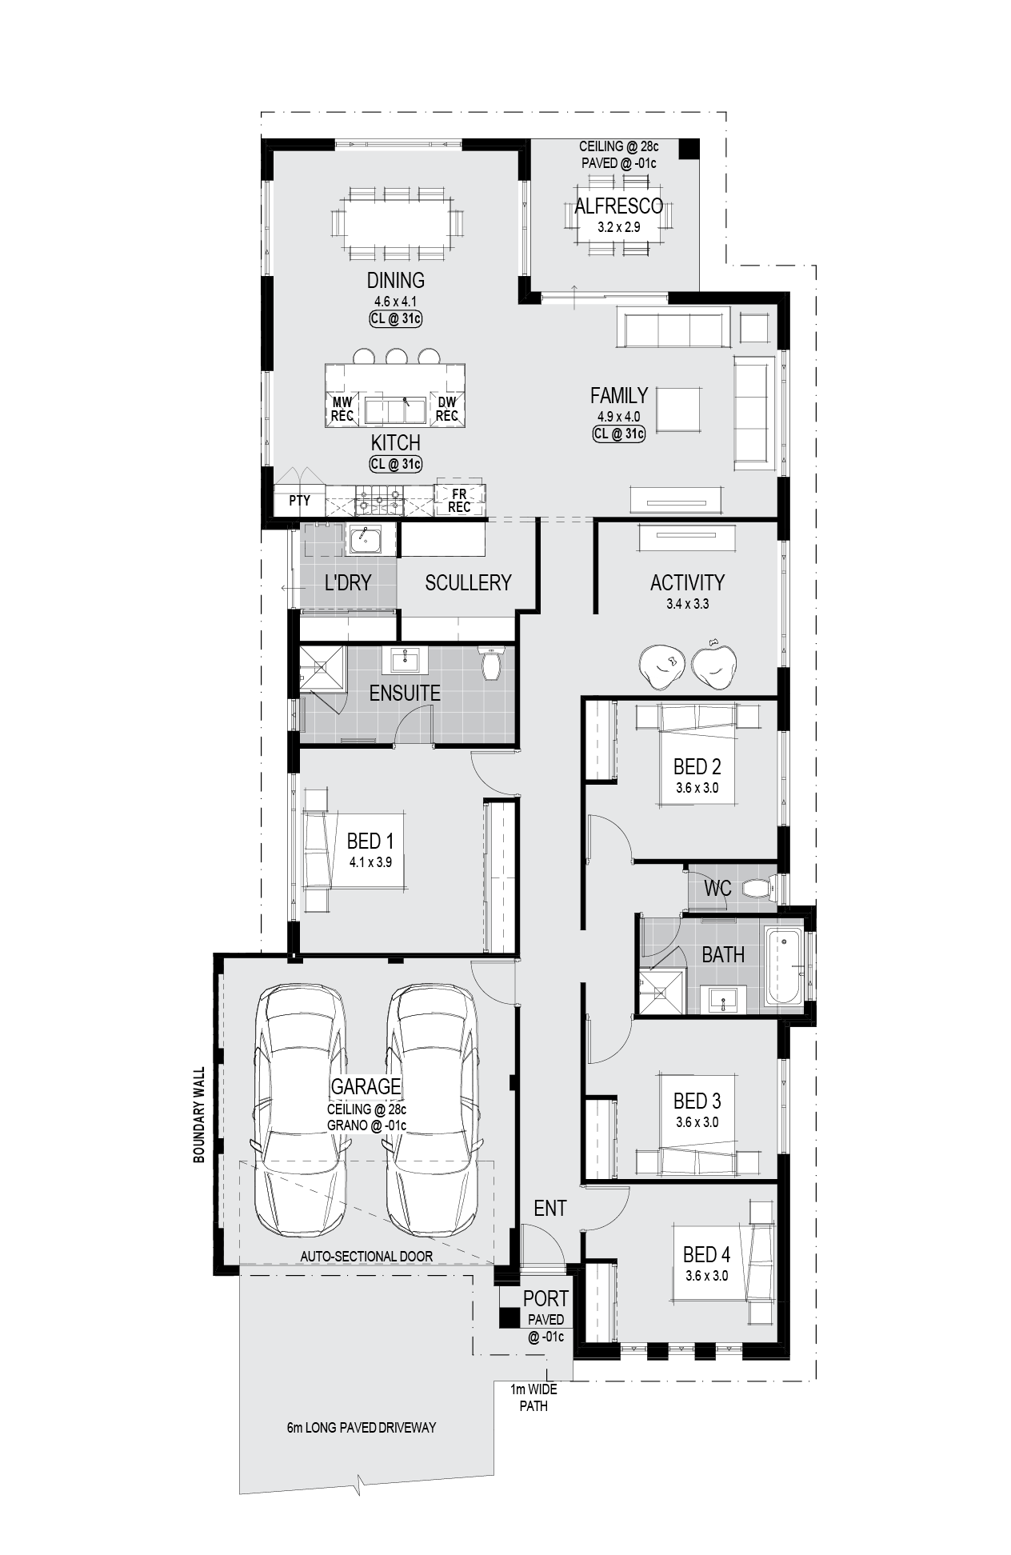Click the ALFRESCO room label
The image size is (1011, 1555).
[x=618, y=206]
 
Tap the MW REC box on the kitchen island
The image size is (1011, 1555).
[x=342, y=410]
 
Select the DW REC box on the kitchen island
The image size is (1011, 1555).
[x=446, y=410]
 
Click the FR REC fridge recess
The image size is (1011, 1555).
[x=459, y=501]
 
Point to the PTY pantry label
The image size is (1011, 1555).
[x=299, y=501]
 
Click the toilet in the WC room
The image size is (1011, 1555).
[x=757, y=888]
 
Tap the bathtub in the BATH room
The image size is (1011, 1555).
[x=784, y=965]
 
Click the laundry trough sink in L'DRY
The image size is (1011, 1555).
[x=366, y=540]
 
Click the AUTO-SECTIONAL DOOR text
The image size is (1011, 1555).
[x=366, y=1257]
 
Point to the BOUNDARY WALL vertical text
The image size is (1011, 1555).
[x=199, y=1114]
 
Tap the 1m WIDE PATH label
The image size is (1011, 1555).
[x=533, y=1398]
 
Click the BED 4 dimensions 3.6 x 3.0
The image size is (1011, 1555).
[x=706, y=1276]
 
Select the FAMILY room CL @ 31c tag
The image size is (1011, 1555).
[x=618, y=434]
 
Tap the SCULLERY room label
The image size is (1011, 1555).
[x=468, y=583]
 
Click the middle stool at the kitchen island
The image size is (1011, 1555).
[x=396, y=357]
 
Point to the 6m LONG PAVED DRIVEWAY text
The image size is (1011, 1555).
[x=362, y=1428]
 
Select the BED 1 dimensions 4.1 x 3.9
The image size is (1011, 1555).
[x=370, y=863]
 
